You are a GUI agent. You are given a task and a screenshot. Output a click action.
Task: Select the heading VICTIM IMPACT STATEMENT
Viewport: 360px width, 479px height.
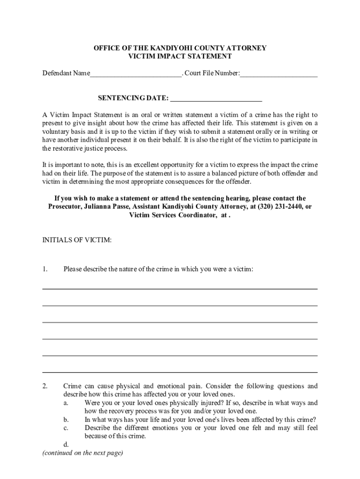coord(180,56)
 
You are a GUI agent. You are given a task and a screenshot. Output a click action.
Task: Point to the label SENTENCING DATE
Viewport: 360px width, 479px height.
coord(133,98)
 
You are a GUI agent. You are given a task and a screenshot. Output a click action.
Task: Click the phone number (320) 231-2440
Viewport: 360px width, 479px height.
coord(279,206)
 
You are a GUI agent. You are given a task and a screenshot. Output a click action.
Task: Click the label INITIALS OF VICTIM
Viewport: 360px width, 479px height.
coord(77,240)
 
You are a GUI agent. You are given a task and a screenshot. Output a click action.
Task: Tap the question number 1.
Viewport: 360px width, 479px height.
coord(45,269)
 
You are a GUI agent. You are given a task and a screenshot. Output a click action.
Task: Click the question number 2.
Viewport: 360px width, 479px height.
coord(45,386)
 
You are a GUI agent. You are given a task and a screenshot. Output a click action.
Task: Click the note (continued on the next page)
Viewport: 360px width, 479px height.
coord(82,453)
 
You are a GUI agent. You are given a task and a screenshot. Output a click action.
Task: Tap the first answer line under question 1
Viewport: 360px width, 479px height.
coord(180,289)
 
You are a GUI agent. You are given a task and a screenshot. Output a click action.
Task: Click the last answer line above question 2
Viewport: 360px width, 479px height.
coord(180,372)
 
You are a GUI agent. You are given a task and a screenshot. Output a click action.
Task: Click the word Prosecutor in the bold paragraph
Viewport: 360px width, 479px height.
coord(65,206)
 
